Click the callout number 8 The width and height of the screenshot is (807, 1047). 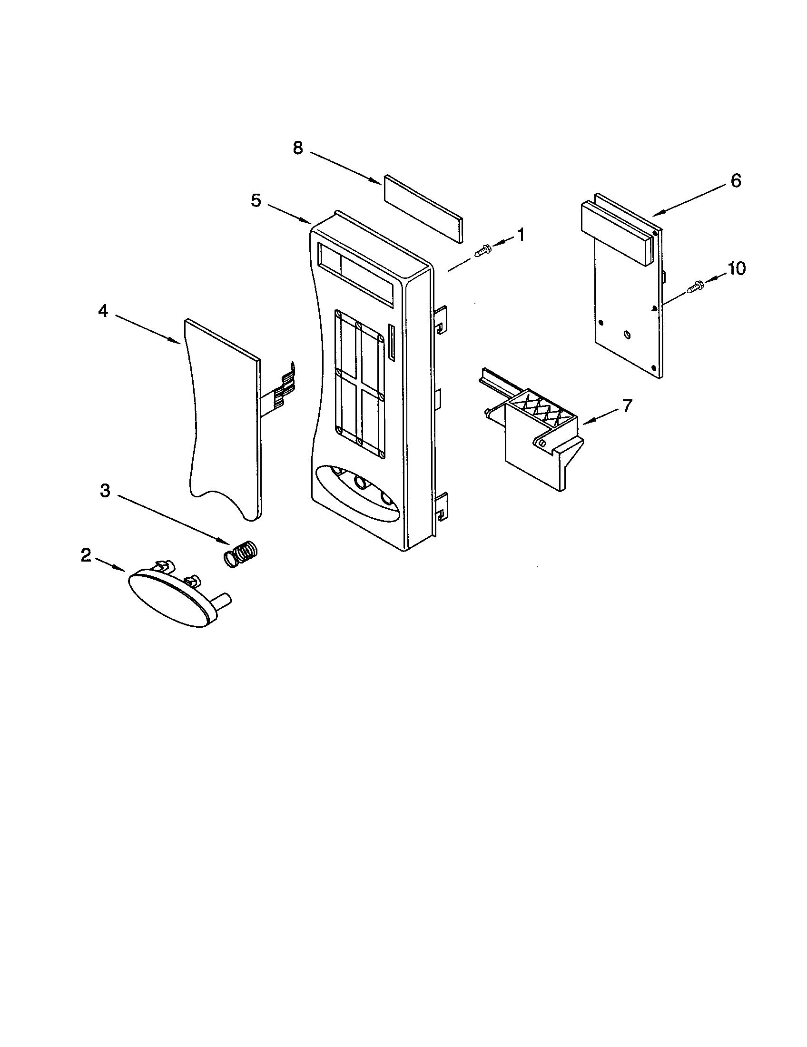(x=298, y=148)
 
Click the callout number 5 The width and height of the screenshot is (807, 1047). (x=256, y=200)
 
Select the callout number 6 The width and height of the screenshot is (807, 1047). (x=736, y=181)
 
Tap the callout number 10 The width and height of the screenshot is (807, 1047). (x=737, y=269)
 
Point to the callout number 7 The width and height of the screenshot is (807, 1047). (x=627, y=405)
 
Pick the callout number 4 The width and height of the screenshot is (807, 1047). (x=103, y=311)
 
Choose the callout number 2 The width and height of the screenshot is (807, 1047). (x=85, y=555)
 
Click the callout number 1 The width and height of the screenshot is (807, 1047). (x=520, y=235)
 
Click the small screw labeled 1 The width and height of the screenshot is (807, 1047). (x=482, y=250)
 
